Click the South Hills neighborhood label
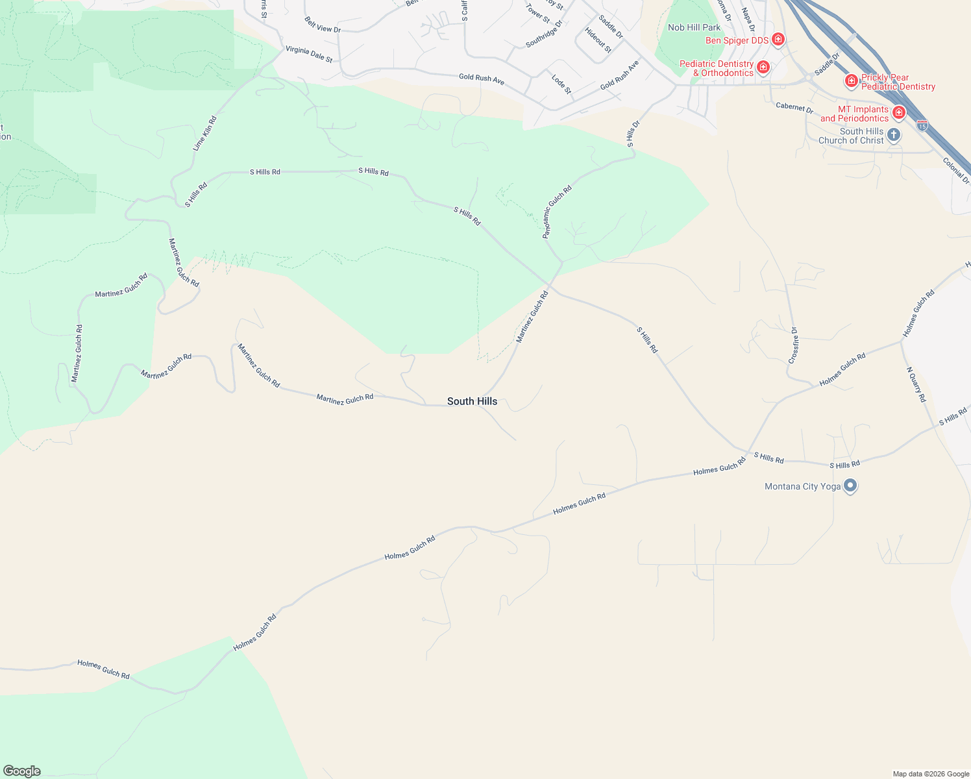(x=472, y=401)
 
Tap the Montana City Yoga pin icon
(x=850, y=486)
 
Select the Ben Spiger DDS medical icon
(x=778, y=40)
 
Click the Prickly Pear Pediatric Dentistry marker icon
(x=851, y=81)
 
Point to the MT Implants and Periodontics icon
(x=899, y=113)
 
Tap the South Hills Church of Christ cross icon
(x=894, y=135)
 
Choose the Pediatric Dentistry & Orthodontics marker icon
(x=763, y=68)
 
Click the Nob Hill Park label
(x=694, y=27)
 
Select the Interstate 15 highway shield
(x=922, y=123)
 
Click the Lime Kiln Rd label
(x=205, y=134)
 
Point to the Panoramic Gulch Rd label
(x=558, y=212)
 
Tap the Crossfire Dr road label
(x=794, y=345)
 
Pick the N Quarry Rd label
(x=916, y=384)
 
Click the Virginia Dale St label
(x=309, y=54)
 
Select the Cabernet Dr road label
(x=794, y=107)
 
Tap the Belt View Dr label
(x=323, y=25)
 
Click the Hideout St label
(x=598, y=40)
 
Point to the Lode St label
(x=561, y=84)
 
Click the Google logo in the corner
(x=22, y=771)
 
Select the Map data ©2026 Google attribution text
(x=931, y=774)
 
